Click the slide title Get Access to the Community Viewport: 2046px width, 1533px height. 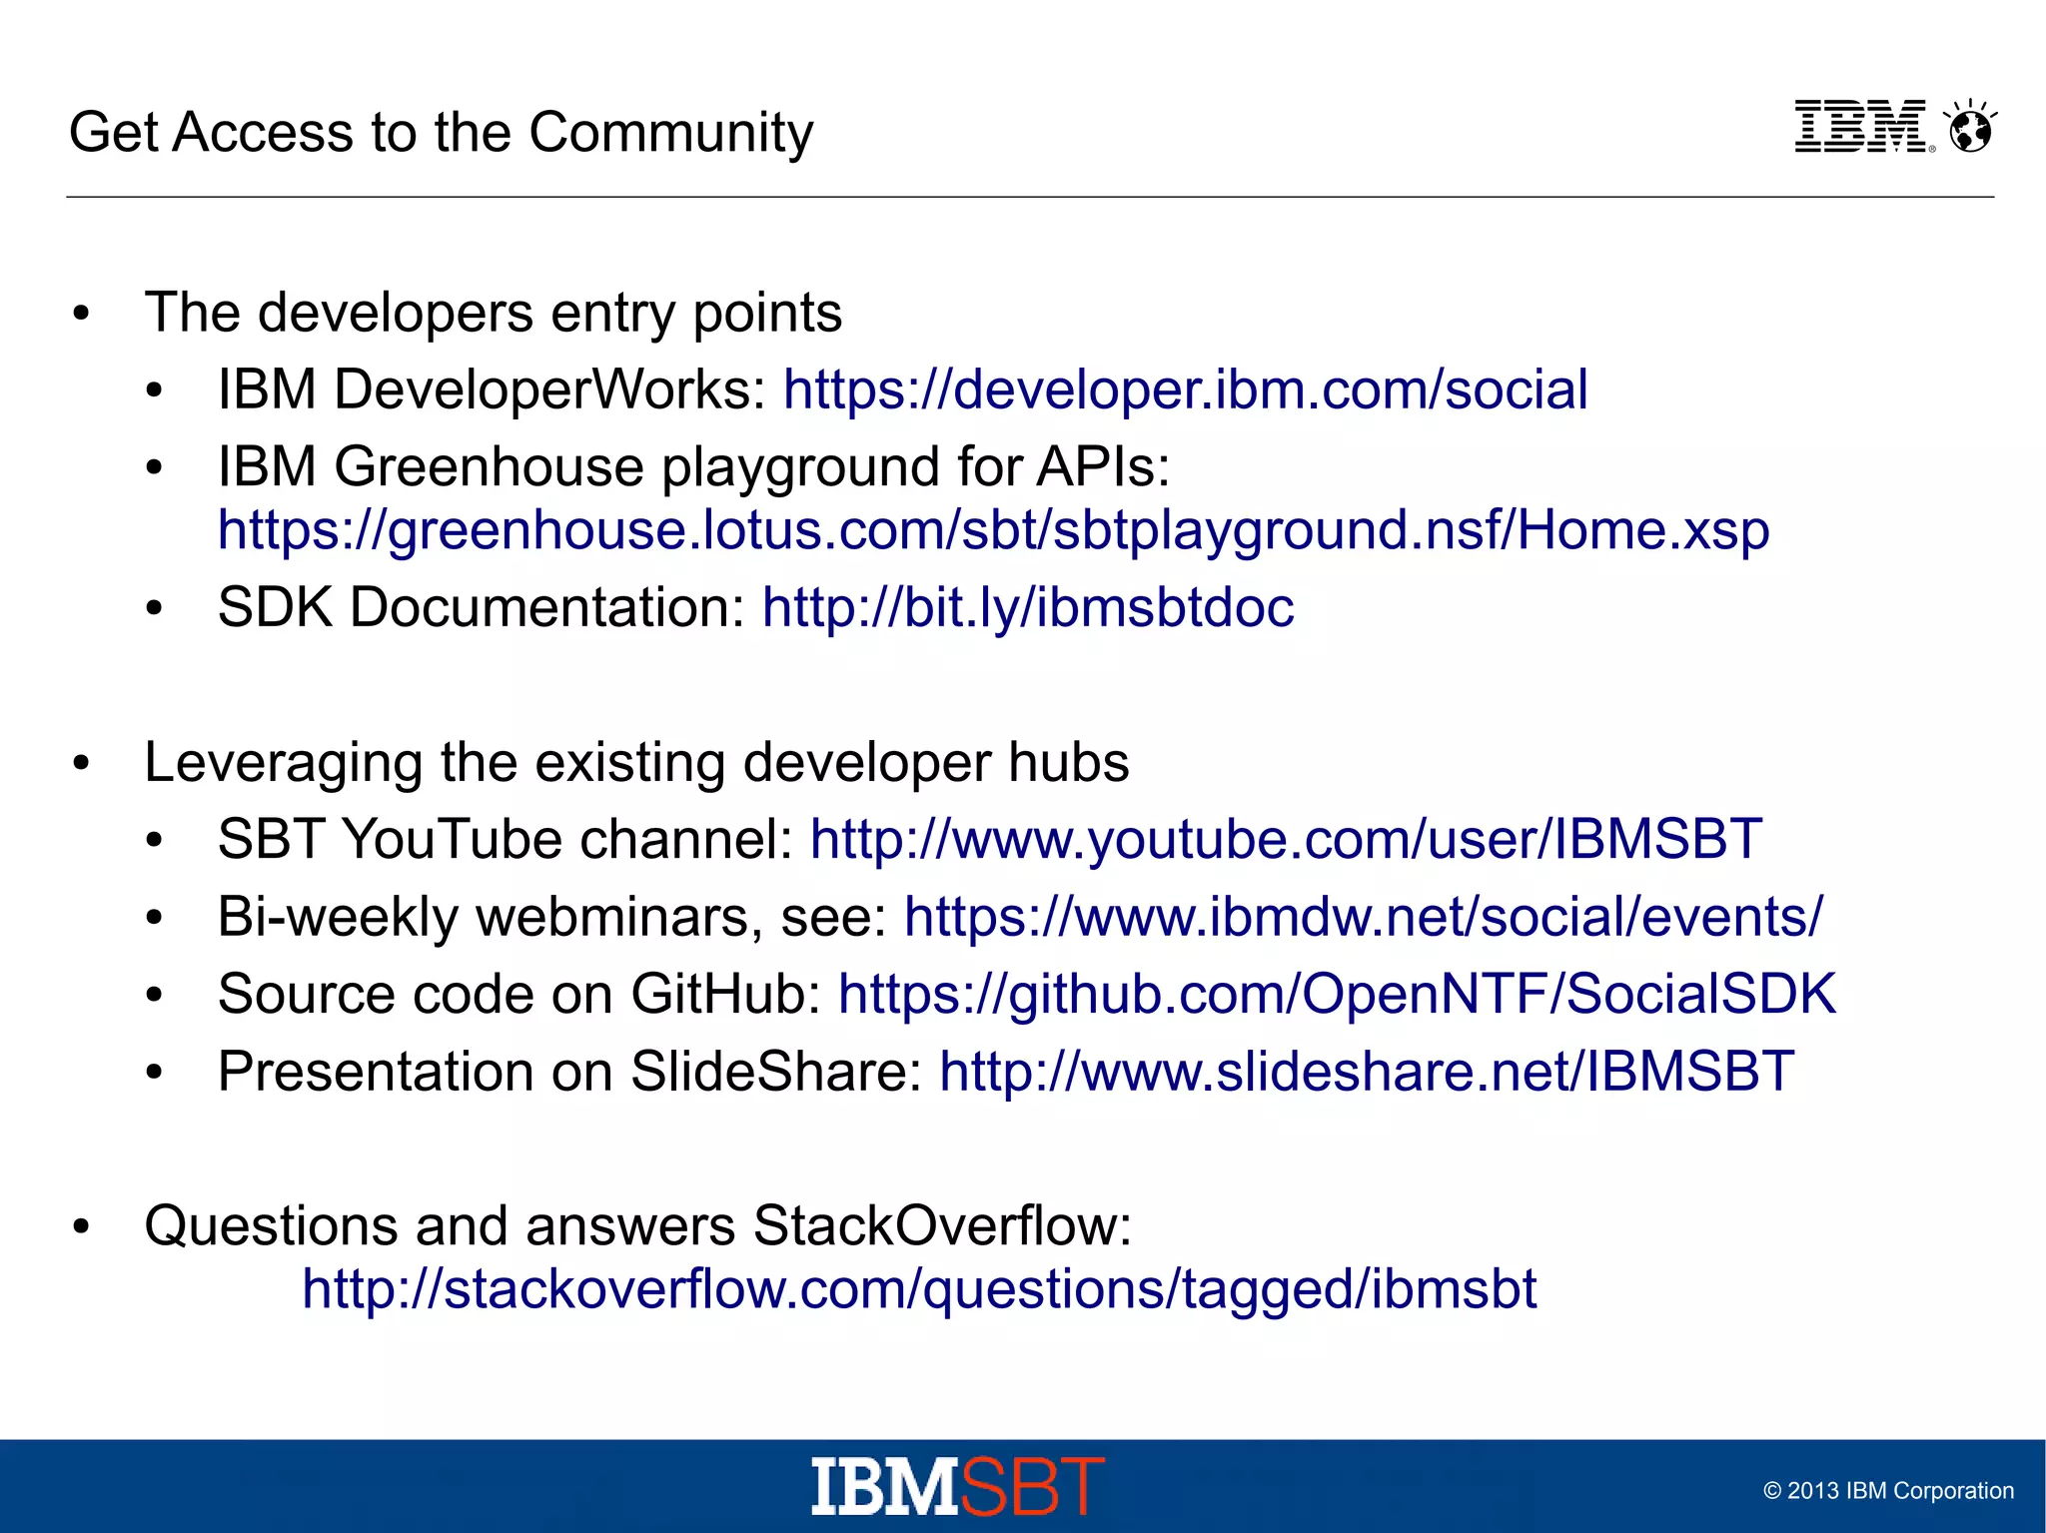point(441,132)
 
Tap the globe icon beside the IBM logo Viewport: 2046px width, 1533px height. point(1971,129)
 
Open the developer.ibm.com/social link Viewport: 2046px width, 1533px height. point(1185,389)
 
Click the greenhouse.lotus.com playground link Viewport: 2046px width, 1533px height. point(993,530)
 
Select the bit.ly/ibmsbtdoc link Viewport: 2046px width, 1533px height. point(1027,607)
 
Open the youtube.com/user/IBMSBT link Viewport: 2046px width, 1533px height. point(1286,839)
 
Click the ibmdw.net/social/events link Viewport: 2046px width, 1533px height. point(1363,917)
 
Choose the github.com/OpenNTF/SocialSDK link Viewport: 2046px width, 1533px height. point(1337,995)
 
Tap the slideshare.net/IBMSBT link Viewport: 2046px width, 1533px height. point(1366,1072)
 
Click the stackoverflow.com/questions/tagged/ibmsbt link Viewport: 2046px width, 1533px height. point(919,1289)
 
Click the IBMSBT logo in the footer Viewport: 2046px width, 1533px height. point(957,1486)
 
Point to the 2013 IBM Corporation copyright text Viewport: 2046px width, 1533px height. point(1887,1491)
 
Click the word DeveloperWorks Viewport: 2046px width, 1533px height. point(548,389)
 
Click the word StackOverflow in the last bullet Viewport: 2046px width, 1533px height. point(941,1225)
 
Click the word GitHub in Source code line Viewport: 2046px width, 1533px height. point(725,995)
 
